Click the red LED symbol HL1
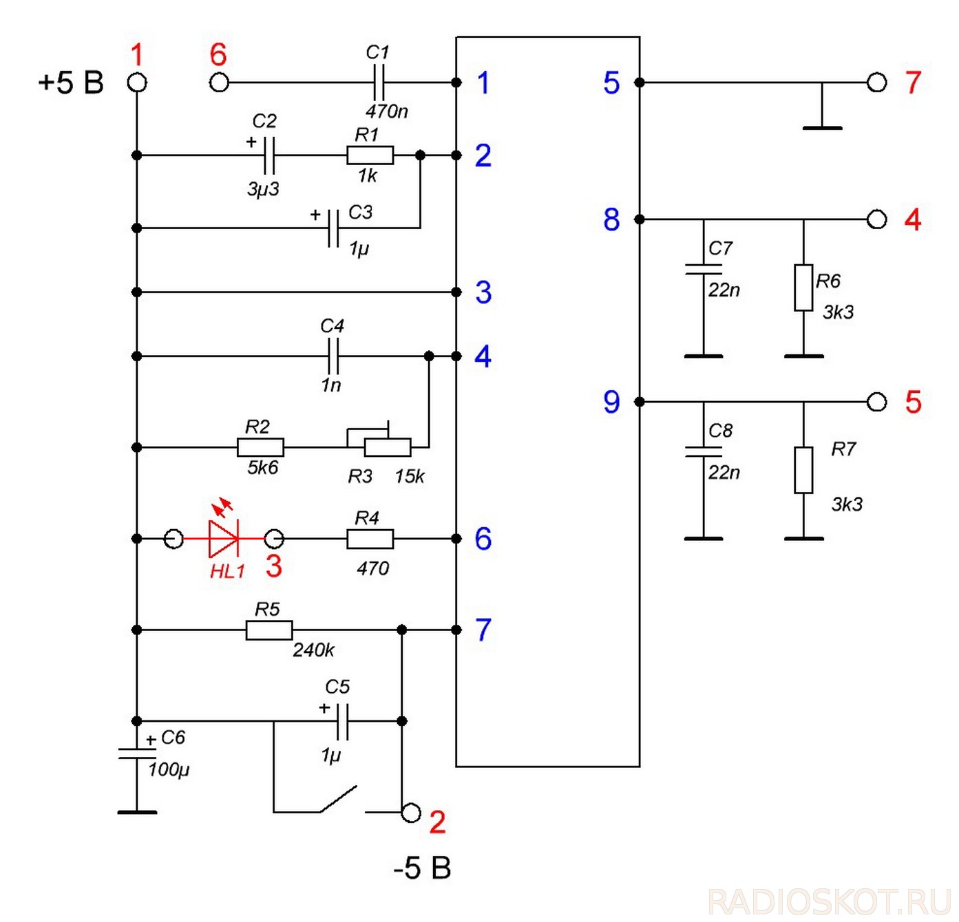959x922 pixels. (224, 539)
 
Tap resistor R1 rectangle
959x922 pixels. (370, 155)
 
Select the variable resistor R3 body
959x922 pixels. (388, 447)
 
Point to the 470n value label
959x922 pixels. (387, 111)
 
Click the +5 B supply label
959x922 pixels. (71, 83)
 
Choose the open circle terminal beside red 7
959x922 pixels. (876, 83)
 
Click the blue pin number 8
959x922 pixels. (611, 219)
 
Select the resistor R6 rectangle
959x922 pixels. (803, 288)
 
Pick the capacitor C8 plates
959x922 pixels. (703, 451)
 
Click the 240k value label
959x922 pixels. (313, 651)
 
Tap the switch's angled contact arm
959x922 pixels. (339, 798)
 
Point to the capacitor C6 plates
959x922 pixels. (137, 754)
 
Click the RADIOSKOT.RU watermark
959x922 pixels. (830, 902)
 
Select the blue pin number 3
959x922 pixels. (483, 292)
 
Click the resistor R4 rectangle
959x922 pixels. (370, 539)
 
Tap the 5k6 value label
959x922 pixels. (263, 467)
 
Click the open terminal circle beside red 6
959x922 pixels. (219, 83)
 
